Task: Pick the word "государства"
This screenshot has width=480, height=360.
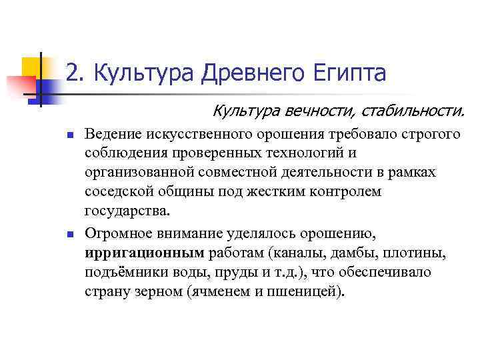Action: pos(127,211)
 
